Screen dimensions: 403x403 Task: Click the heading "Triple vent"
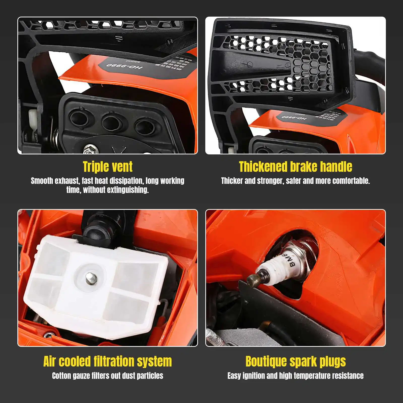tap(108, 167)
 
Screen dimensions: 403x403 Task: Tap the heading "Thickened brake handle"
tap(295, 167)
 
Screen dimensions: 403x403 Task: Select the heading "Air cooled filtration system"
tap(108, 362)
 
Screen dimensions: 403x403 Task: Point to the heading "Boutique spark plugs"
tap(295, 362)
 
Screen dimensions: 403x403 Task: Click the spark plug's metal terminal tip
tap(253, 280)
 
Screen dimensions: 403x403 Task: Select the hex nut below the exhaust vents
tap(89, 149)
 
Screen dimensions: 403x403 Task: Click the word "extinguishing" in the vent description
tap(128, 190)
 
